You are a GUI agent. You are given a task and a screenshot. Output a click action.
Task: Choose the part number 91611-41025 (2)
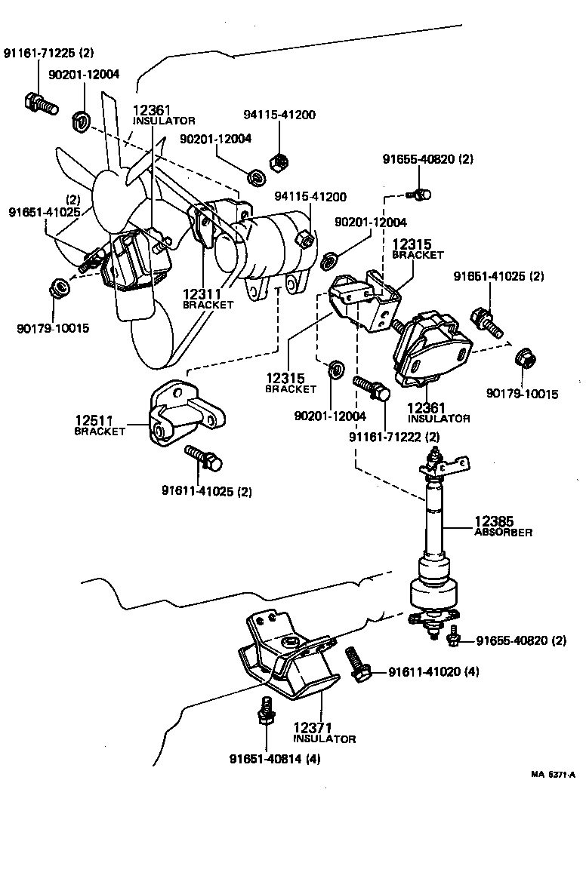(x=206, y=491)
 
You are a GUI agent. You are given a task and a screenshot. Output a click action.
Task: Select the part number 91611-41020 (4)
(x=433, y=671)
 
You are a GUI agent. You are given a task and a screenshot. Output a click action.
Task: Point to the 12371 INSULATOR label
(x=324, y=732)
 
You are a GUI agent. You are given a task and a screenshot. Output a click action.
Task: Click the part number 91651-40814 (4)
(x=275, y=759)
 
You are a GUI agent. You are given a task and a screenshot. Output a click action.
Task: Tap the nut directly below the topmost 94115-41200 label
(x=277, y=161)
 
